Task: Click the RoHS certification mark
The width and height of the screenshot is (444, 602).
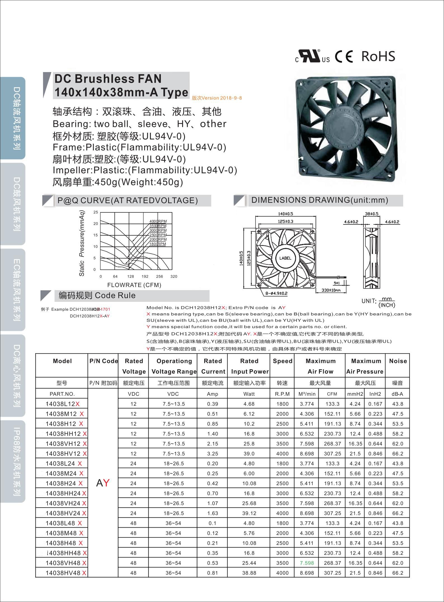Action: pyautogui.click(x=378, y=56)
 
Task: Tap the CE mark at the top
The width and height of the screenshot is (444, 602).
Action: pyautogui.click(x=344, y=57)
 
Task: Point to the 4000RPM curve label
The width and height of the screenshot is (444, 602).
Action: pyautogui.click(x=158, y=221)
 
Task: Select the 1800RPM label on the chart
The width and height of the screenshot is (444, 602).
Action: pyautogui.click(x=158, y=244)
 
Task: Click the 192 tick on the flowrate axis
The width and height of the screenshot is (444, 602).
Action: pyautogui.click(x=145, y=276)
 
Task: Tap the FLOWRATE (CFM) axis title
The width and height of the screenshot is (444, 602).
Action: pyautogui.click(x=134, y=285)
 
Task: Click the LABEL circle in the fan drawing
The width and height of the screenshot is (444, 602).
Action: pyautogui.click(x=285, y=258)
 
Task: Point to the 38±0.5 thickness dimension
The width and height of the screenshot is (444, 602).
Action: pyautogui.click(x=372, y=214)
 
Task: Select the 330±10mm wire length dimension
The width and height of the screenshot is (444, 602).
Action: pyautogui.click(x=331, y=290)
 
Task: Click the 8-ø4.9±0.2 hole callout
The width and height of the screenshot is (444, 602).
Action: pyautogui.click(x=276, y=293)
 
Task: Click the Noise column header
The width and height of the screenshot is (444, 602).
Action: pyautogui.click(x=398, y=361)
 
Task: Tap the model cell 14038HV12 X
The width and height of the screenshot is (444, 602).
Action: pyautogui.click(x=66, y=454)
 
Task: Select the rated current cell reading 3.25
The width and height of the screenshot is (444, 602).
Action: pyautogui.click(x=213, y=454)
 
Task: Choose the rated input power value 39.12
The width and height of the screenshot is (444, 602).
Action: pyautogui.click(x=249, y=513)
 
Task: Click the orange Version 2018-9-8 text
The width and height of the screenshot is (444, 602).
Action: pyautogui.click(x=217, y=98)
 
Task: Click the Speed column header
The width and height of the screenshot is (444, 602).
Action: pyautogui.click(x=283, y=361)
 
